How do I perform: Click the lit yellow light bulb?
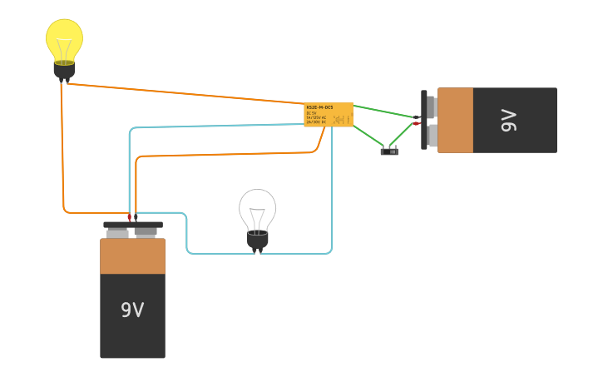click(64, 39)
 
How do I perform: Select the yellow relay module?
click(329, 115)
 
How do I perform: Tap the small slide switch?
click(389, 151)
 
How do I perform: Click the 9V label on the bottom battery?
click(132, 310)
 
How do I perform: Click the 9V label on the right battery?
click(509, 120)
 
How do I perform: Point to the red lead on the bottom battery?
click(129, 217)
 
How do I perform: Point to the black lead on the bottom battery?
click(136, 217)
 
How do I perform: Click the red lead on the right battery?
click(416, 123)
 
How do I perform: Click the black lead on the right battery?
click(417, 117)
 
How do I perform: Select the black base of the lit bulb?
click(64, 70)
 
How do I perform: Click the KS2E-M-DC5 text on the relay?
click(319, 107)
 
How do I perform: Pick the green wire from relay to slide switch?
click(369, 136)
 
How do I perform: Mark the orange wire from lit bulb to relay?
click(183, 92)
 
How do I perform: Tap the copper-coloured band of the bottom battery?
click(132, 257)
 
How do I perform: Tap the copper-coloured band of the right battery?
click(455, 120)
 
